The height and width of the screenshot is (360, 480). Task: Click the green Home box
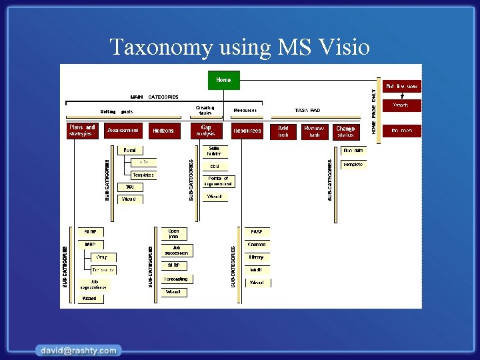click(x=223, y=80)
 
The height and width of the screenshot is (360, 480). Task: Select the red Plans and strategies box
click(x=82, y=131)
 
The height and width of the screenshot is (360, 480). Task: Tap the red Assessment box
click(x=123, y=131)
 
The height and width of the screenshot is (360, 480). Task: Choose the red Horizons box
click(x=163, y=131)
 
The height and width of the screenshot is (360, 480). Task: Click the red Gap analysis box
click(x=206, y=131)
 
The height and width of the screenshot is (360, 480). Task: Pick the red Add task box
click(x=283, y=131)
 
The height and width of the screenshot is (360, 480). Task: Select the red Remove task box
click(x=314, y=131)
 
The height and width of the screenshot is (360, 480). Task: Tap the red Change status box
click(x=345, y=131)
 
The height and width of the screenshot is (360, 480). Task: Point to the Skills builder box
click(x=214, y=151)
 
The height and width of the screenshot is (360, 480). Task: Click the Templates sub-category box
click(x=143, y=175)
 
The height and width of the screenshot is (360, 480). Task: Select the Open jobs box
click(x=174, y=234)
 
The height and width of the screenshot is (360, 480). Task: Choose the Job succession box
click(x=176, y=250)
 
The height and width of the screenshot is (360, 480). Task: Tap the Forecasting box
click(x=176, y=279)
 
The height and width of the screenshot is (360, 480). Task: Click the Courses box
click(x=257, y=245)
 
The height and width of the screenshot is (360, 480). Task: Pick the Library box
click(x=257, y=257)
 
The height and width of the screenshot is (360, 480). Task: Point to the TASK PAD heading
click(x=307, y=111)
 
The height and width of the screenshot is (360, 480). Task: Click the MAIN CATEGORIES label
click(x=154, y=97)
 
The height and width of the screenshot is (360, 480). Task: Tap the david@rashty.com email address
click(x=79, y=350)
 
